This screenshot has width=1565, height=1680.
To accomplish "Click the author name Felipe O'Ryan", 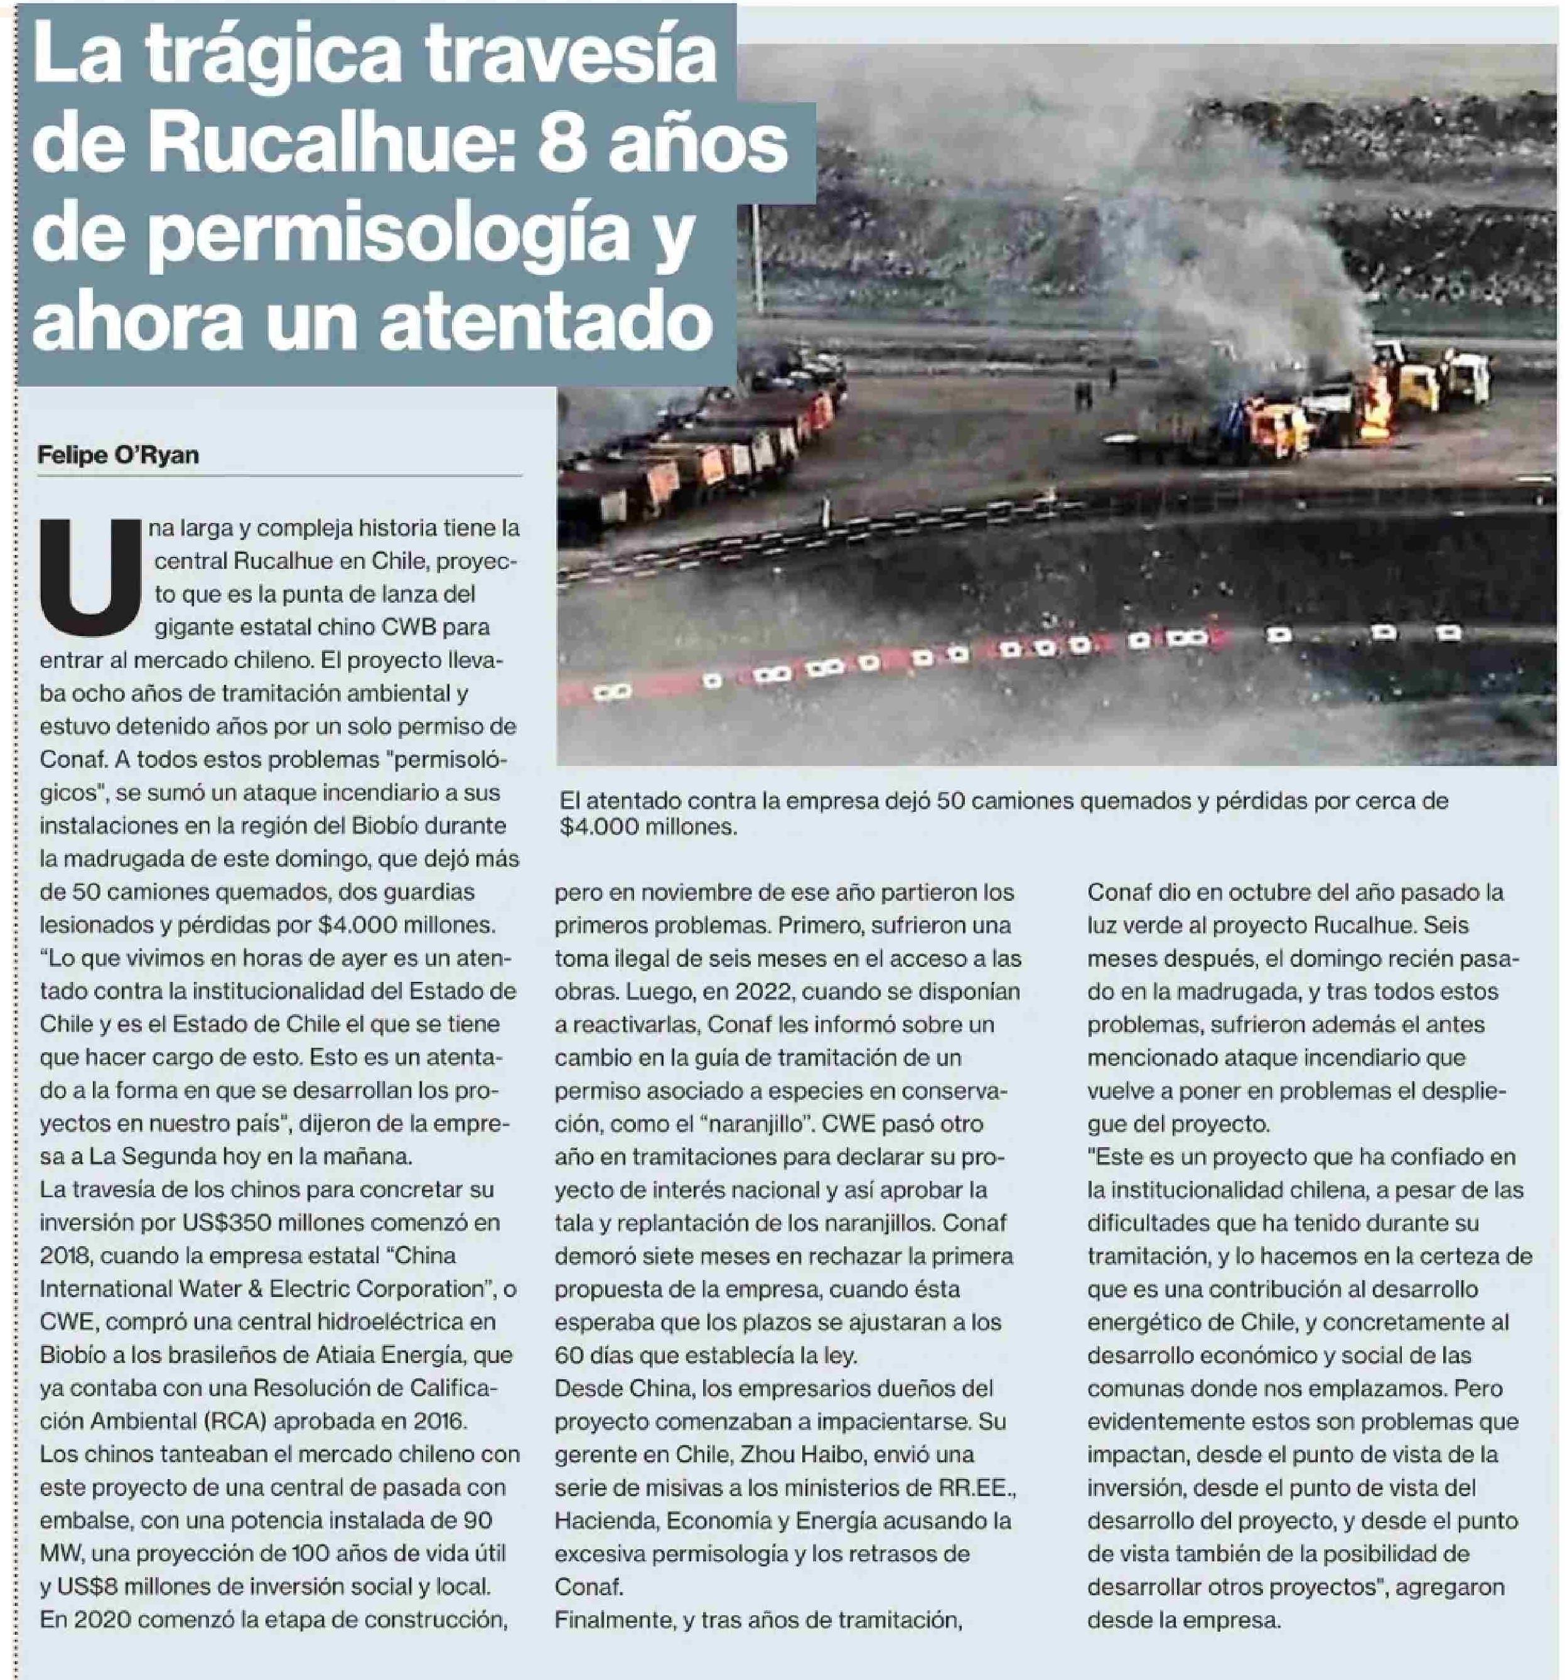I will point(118,456).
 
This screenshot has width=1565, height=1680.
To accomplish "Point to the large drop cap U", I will point(90,571).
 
